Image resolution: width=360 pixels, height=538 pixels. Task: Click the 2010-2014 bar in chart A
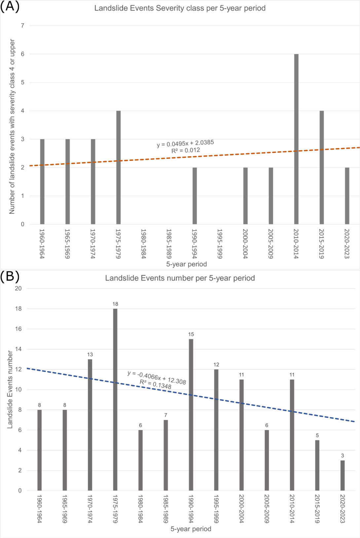coord(296,139)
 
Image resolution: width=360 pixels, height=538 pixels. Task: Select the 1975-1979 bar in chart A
coord(118,167)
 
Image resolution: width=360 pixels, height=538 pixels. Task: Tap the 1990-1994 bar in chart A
coord(195,196)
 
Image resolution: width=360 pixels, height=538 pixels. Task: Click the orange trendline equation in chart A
coord(185,144)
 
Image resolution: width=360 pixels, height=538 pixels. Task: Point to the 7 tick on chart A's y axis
coord(22,26)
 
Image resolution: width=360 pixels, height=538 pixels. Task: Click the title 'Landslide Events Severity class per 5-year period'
coord(180,8)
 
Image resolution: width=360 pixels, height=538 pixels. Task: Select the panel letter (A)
coord(10,7)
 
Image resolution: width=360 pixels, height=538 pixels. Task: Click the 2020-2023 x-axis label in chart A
coord(347,244)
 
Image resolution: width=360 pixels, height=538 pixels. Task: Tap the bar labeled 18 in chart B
coord(115,399)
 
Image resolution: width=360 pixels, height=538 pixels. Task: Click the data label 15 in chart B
coord(191,334)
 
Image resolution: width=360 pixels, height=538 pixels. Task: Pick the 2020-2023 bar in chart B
coord(342,475)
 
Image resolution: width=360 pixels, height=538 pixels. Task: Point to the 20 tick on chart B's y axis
coord(18,288)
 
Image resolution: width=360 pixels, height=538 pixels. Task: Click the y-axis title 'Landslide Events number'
coord(10,389)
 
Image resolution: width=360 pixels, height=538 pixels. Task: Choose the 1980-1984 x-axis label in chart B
coord(140,509)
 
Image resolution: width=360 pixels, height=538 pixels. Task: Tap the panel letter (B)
coord(10,276)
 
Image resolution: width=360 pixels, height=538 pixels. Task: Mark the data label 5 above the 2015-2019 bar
coord(317,435)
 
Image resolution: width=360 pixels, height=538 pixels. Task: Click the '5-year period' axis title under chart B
coord(191,529)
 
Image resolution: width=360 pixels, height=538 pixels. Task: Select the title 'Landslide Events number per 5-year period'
coord(180,278)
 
